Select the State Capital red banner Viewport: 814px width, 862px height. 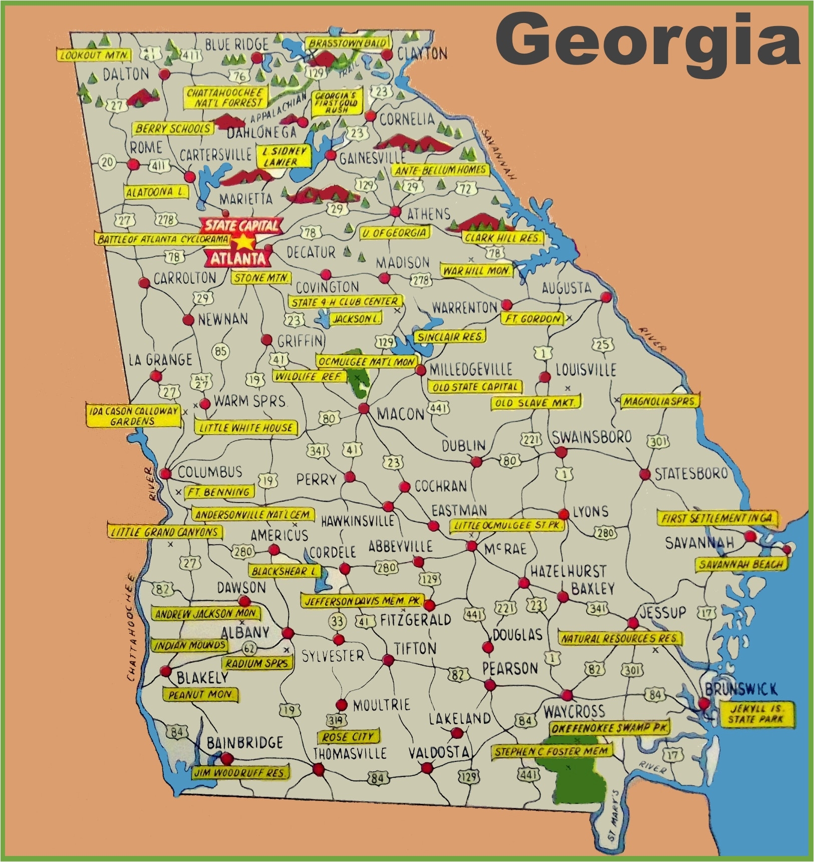pyautogui.click(x=242, y=226)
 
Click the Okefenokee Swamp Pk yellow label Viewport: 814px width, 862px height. pyautogui.click(x=609, y=728)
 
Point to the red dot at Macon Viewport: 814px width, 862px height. pyautogui.click(x=364, y=409)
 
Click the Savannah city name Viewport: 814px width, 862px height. pyautogui.click(x=699, y=543)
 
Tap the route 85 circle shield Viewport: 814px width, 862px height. pyautogui.click(x=220, y=351)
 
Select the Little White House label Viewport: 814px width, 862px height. pyautogui.click(x=245, y=427)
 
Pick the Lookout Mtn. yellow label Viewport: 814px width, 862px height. pyautogui.click(x=94, y=55)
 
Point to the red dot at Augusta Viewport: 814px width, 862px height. pyautogui.click(x=606, y=297)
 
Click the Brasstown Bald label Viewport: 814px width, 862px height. pyautogui.click(x=348, y=43)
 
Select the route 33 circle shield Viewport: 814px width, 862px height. pyautogui.click(x=337, y=621)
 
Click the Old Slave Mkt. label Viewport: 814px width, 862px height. pyautogui.click(x=535, y=402)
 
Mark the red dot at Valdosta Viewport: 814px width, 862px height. pyautogui.click(x=427, y=768)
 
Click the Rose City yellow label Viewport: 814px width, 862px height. pyautogui.click(x=348, y=737)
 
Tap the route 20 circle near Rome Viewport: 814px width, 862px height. pyautogui.click(x=107, y=162)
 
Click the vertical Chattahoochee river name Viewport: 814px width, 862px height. pyautogui.click(x=131, y=627)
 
